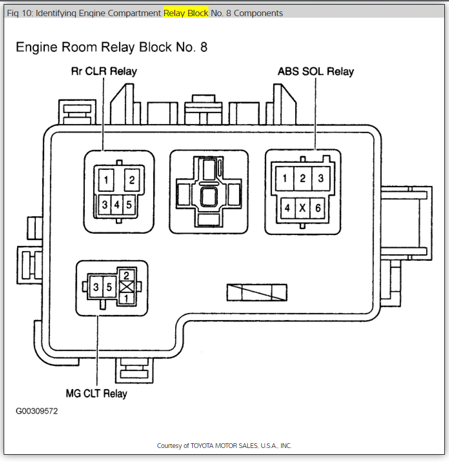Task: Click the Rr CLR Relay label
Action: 104,71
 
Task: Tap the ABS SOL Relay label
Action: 315,72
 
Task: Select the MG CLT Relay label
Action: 96,393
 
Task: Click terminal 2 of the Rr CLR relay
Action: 132,180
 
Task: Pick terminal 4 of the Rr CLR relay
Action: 117,205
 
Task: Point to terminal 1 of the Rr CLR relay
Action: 106,180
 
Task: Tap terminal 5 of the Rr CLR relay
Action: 129,205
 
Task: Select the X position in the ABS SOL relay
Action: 302,208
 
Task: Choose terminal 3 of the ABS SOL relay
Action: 321,178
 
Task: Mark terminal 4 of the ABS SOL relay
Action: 286,208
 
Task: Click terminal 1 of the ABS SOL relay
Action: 285,178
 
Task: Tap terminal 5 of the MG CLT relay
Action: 109,287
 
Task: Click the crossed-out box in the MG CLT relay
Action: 126,287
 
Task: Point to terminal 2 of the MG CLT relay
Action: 126,276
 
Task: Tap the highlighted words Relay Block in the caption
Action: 186,13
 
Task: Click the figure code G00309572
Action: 36,411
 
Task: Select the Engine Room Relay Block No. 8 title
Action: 112,47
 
